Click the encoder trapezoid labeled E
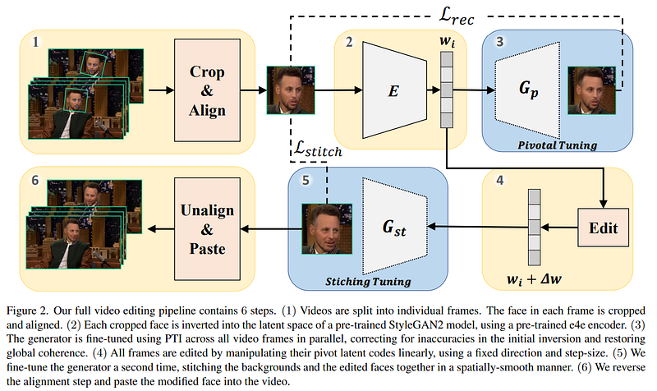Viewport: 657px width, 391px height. (x=395, y=89)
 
